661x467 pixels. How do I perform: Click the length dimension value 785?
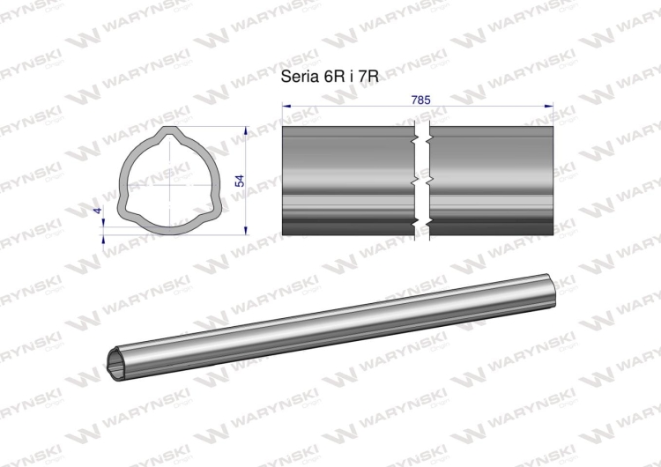point(420,100)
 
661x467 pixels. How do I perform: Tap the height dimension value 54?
point(240,181)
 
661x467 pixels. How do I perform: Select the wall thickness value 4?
point(98,211)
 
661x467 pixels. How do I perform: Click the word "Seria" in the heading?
point(300,77)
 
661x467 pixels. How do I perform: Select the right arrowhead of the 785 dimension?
point(548,106)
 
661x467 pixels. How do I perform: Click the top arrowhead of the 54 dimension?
point(246,130)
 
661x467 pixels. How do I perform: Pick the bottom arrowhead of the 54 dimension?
point(246,230)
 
